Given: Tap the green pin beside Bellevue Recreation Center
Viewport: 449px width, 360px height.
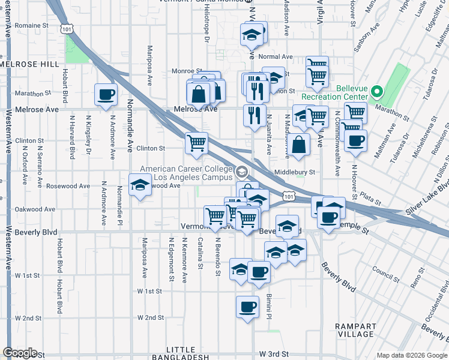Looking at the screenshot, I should (376, 92).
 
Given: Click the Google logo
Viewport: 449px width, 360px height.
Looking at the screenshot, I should (19, 353).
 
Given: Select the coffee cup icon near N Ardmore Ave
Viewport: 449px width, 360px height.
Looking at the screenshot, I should (106, 94).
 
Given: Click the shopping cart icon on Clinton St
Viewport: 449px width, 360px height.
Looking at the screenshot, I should (196, 143).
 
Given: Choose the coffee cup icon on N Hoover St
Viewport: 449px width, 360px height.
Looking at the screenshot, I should (356, 140).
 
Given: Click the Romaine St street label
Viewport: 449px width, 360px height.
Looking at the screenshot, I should (32, 26).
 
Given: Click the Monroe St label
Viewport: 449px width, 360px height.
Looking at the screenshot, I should (185, 71).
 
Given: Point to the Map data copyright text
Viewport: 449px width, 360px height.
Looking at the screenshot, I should (412, 355).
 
